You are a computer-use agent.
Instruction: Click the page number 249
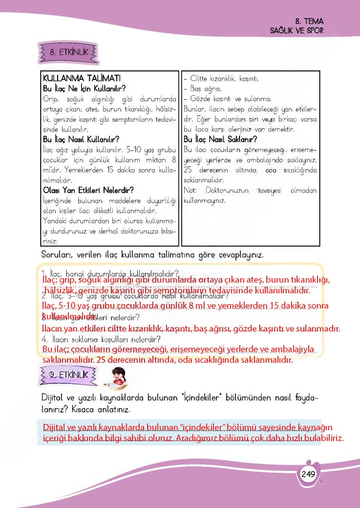308,474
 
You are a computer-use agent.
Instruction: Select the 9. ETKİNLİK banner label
68,375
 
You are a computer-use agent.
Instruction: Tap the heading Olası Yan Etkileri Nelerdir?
88,190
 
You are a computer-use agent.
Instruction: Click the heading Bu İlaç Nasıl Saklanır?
220,139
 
